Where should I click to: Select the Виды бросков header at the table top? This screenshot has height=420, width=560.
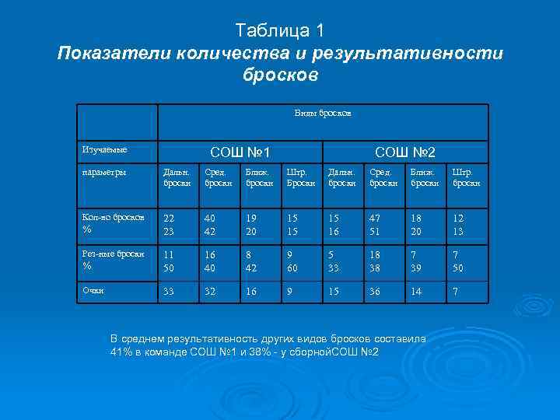[x=323, y=113]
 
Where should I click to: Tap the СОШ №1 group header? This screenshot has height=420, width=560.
[x=240, y=151]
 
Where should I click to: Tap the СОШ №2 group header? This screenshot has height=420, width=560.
[x=405, y=151]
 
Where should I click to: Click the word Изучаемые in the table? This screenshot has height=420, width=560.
[x=105, y=149]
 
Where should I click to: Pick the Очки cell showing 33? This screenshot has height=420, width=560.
[x=169, y=292]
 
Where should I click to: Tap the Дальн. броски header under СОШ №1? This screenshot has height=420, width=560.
[x=172, y=177]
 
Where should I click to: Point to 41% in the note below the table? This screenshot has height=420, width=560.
[x=122, y=352]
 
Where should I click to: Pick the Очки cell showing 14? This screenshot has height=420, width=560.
[x=418, y=292]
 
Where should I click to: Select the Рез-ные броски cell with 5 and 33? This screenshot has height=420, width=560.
[x=335, y=261]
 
